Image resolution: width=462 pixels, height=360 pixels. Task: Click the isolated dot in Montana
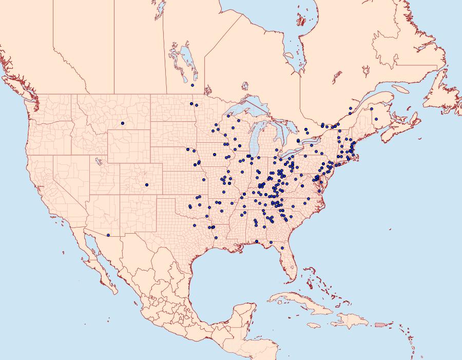pyautogui.click(x=123, y=123)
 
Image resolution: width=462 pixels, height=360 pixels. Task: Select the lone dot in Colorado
pyautogui.click(x=146, y=185)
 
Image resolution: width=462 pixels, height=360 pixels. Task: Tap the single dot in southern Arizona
pyautogui.click(x=108, y=236)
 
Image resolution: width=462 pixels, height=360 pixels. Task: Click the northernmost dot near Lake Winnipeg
pyautogui.click(x=192, y=85)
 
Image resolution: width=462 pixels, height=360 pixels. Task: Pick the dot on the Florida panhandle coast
pyautogui.click(x=256, y=241)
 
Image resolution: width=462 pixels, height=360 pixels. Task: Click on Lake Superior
pyautogui.click(x=246, y=109)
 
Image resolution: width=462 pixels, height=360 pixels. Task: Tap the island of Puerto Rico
pyautogui.click(x=379, y=324)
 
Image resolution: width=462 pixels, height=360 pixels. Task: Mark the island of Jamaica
pyautogui.click(x=314, y=325)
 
